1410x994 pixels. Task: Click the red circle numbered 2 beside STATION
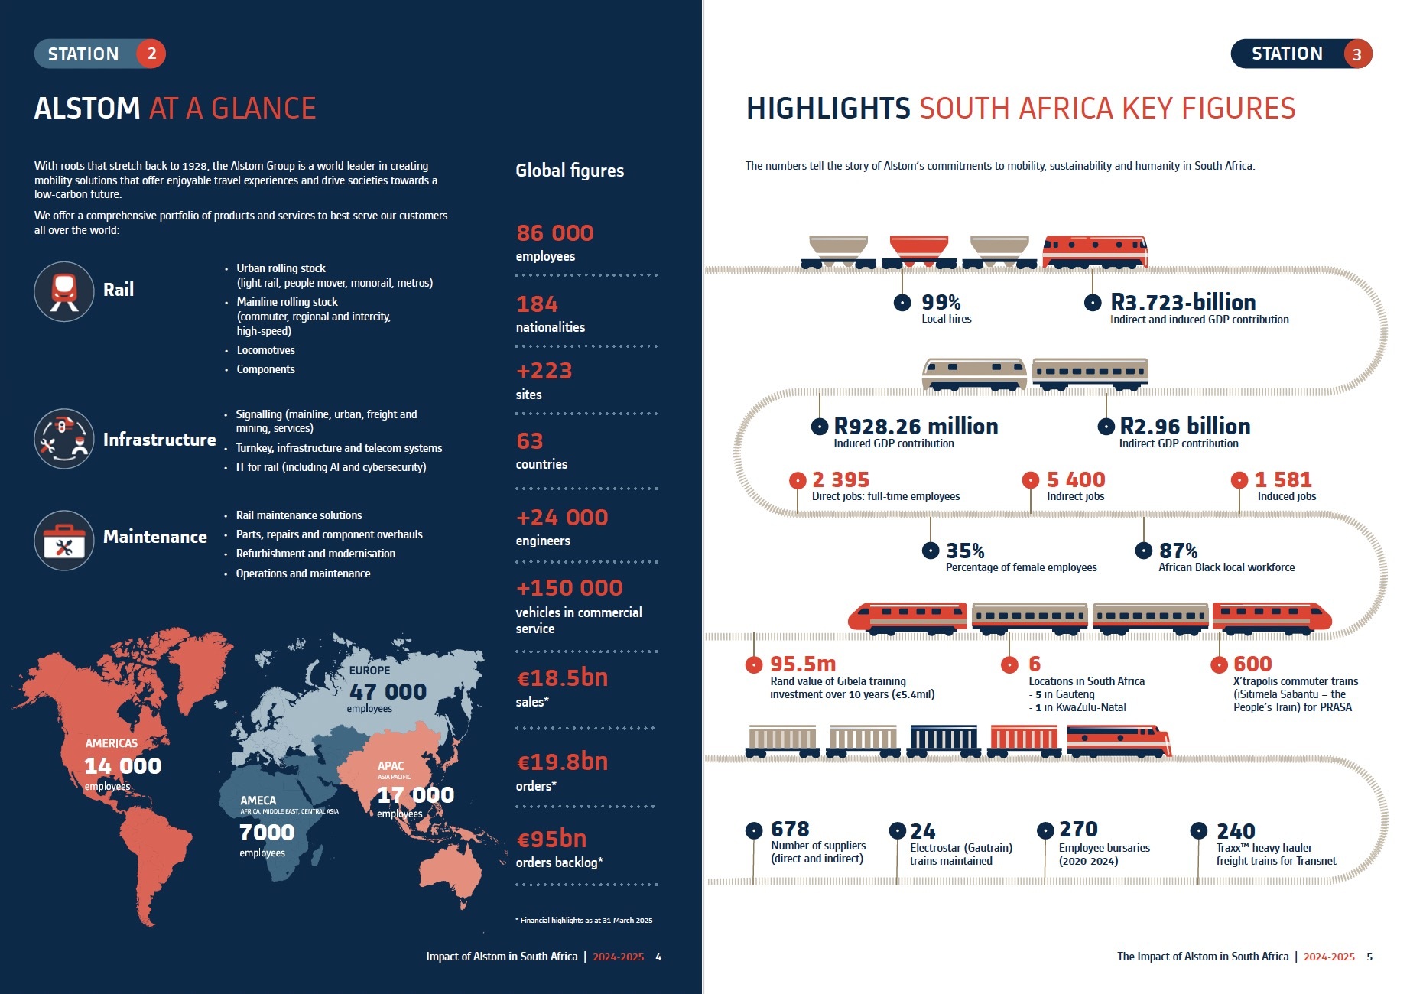pyautogui.click(x=151, y=54)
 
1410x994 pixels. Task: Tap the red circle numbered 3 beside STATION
pyautogui.click(x=1357, y=54)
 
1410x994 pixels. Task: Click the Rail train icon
pyautogui.click(x=64, y=291)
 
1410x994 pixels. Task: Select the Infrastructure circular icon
pyautogui.click(x=64, y=439)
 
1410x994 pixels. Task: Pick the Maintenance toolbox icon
pyautogui.click(x=64, y=541)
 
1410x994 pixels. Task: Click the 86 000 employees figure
pyautogui.click(x=554, y=233)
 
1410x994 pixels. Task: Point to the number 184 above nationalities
pyautogui.click(x=537, y=304)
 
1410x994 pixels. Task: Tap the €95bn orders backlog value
pyautogui.click(x=551, y=839)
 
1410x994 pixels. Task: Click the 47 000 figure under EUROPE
pyautogui.click(x=388, y=692)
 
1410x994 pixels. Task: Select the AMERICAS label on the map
pyautogui.click(x=112, y=743)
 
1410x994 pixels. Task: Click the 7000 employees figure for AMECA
pyautogui.click(x=266, y=832)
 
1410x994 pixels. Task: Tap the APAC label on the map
pyautogui.click(x=391, y=765)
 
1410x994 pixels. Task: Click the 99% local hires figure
pyautogui.click(x=941, y=302)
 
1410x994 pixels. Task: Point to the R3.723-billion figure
pyautogui.click(x=1183, y=302)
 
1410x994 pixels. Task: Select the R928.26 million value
pyautogui.click(x=915, y=426)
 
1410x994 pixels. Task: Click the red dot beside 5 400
pyautogui.click(x=1030, y=480)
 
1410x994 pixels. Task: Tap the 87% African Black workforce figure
pyautogui.click(x=1178, y=551)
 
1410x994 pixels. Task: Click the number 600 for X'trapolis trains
pyautogui.click(x=1252, y=664)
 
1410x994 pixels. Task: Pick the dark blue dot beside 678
pyautogui.click(x=754, y=830)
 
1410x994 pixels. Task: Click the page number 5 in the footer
pyautogui.click(x=1369, y=957)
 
